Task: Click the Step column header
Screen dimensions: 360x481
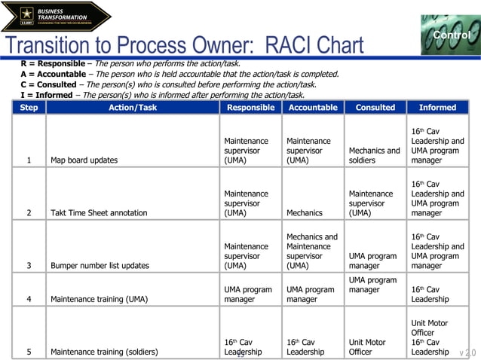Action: (x=29, y=108)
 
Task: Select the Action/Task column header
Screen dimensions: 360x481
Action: (x=133, y=108)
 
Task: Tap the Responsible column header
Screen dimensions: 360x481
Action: (x=250, y=108)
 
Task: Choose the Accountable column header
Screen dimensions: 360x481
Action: (x=313, y=108)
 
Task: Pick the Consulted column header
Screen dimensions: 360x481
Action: (x=375, y=108)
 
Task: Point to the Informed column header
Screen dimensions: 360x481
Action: (x=437, y=108)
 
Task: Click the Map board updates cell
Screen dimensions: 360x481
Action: (x=84, y=160)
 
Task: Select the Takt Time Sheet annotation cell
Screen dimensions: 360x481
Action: (x=99, y=213)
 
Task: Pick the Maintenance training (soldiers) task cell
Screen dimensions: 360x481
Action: (x=104, y=352)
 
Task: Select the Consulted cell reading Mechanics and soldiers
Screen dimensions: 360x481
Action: (x=374, y=155)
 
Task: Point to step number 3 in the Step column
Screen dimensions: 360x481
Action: (x=29, y=266)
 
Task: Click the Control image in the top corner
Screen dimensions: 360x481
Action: (x=450, y=35)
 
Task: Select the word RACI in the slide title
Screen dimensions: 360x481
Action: (x=291, y=46)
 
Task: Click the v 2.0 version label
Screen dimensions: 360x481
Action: (x=467, y=352)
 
